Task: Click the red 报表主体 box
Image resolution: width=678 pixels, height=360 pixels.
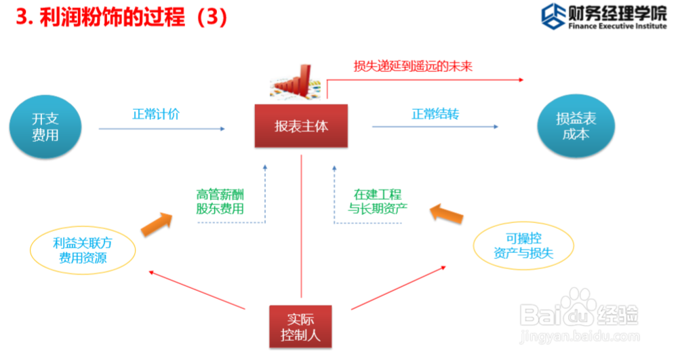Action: (x=301, y=126)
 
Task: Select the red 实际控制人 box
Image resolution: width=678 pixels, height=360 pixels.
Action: (x=301, y=326)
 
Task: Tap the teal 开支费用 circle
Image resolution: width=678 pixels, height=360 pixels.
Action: (x=45, y=127)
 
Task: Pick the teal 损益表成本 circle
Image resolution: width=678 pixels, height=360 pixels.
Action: (x=575, y=127)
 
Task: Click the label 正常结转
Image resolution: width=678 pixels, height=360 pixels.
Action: (x=435, y=114)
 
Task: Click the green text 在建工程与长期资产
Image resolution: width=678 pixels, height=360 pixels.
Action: (x=378, y=201)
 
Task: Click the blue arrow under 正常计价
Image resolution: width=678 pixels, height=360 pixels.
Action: (x=161, y=128)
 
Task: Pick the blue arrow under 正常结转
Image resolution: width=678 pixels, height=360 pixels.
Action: (x=435, y=127)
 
